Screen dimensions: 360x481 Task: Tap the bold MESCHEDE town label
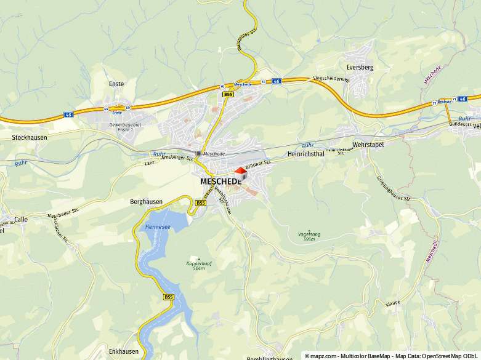[220, 182]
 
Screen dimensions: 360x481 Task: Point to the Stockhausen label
[29, 138]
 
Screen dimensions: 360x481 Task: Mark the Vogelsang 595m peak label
[309, 236]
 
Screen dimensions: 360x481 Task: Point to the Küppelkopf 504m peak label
[195, 265]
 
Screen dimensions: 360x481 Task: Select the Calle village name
[21, 219]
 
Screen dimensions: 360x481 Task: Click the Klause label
[393, 303]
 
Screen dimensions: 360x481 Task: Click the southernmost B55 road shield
[169, 297]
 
